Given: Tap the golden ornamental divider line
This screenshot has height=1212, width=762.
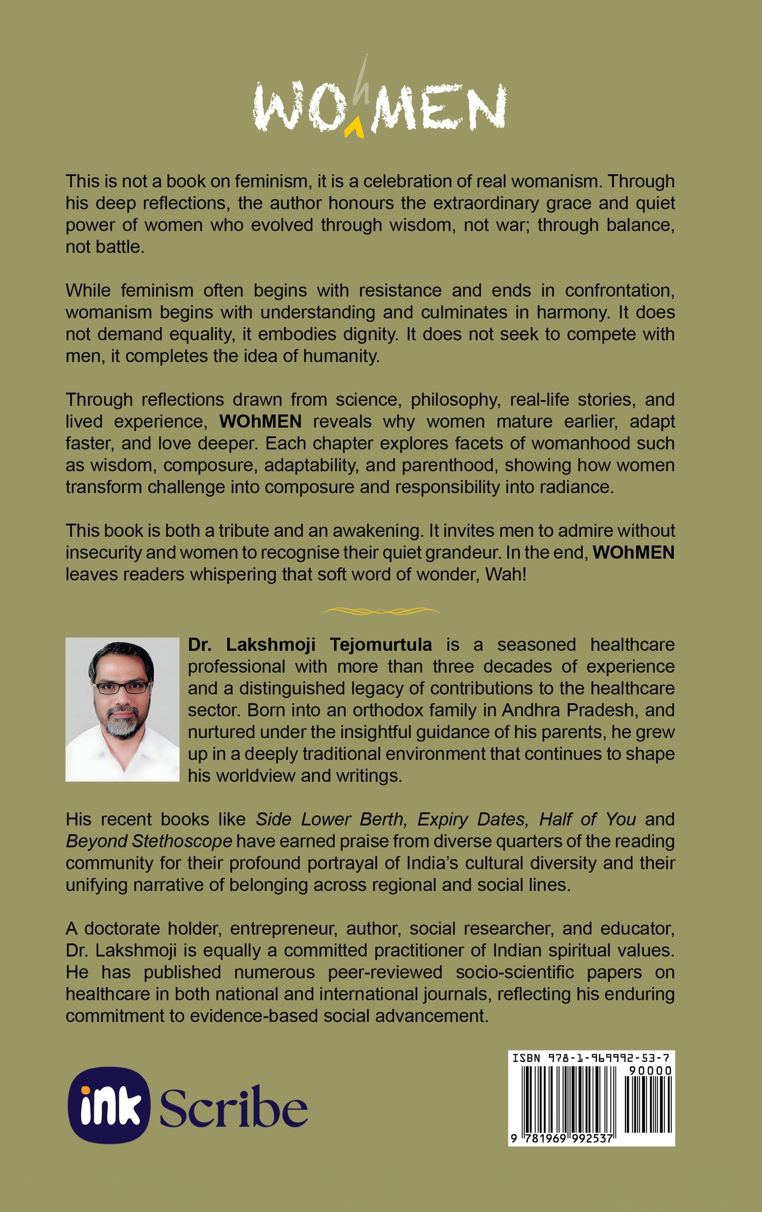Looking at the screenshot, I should tap(381, 611).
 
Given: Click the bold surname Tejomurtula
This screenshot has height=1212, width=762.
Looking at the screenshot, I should tap(381, 645).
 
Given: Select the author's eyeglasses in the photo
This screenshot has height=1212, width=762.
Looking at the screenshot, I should tap(122, 687).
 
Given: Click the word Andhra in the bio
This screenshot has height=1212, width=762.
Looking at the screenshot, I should tap(531, 710).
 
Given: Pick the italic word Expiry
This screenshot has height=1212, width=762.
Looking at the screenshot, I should tap(442, 819).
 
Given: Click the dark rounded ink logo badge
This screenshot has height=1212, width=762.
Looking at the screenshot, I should tap(109, 1105).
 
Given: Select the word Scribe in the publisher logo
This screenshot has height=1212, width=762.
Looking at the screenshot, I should tap(233, 1108).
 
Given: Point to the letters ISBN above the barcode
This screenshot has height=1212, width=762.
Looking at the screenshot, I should tap(526, 1057).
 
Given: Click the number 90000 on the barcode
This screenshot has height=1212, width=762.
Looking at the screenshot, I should tap(650, 1071).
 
